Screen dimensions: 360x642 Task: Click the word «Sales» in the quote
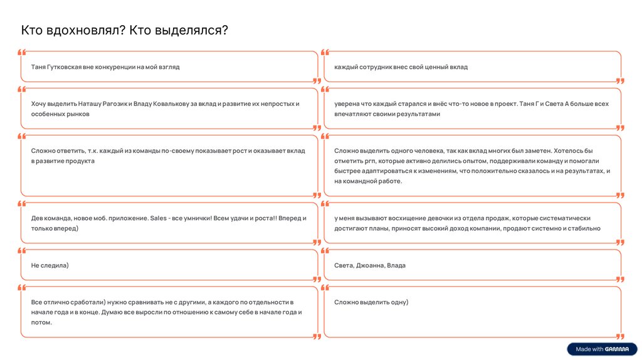pyautogui.click(x=158, y=218)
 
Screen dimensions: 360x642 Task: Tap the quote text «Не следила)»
pyautogui.click(x=50, y=265)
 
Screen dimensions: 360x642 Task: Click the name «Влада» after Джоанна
pyautogui.click(x=396, y=265)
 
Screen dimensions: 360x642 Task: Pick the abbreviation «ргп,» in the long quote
pyautogui.click(x=366, y=161)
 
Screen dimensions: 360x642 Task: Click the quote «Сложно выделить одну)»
pyautogui.click(x=371, y=302)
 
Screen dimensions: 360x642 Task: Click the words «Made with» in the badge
pyautogui.click(x=589, y=349)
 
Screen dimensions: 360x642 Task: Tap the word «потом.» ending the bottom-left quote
pyautogui.click(x=41, y=322)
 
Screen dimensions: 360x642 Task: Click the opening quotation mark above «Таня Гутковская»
pyautogui.click(x=22, y=53)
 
